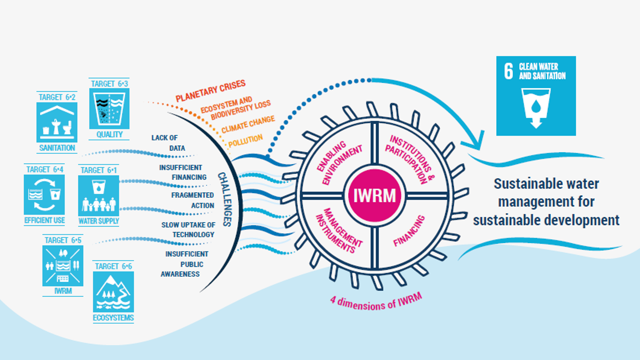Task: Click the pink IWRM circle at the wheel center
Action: click(374, 195)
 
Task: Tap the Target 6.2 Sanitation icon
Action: click(57, 122)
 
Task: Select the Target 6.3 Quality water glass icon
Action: click(109, 109)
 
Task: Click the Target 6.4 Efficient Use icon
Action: click(44, 195)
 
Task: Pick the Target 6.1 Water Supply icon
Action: click(98, 196)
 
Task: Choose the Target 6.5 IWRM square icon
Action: click(63, 266)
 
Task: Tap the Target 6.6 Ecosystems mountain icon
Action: click(113, 292)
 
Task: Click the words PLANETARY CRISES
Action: click(210, 91)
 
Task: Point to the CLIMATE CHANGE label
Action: click(248, 124)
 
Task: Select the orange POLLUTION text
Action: click(245, 141)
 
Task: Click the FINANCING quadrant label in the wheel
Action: click(409, 231)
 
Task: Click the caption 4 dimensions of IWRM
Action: click(376, 302)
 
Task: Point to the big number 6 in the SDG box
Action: click(508, 71)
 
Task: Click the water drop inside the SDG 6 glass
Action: click(536, 106)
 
